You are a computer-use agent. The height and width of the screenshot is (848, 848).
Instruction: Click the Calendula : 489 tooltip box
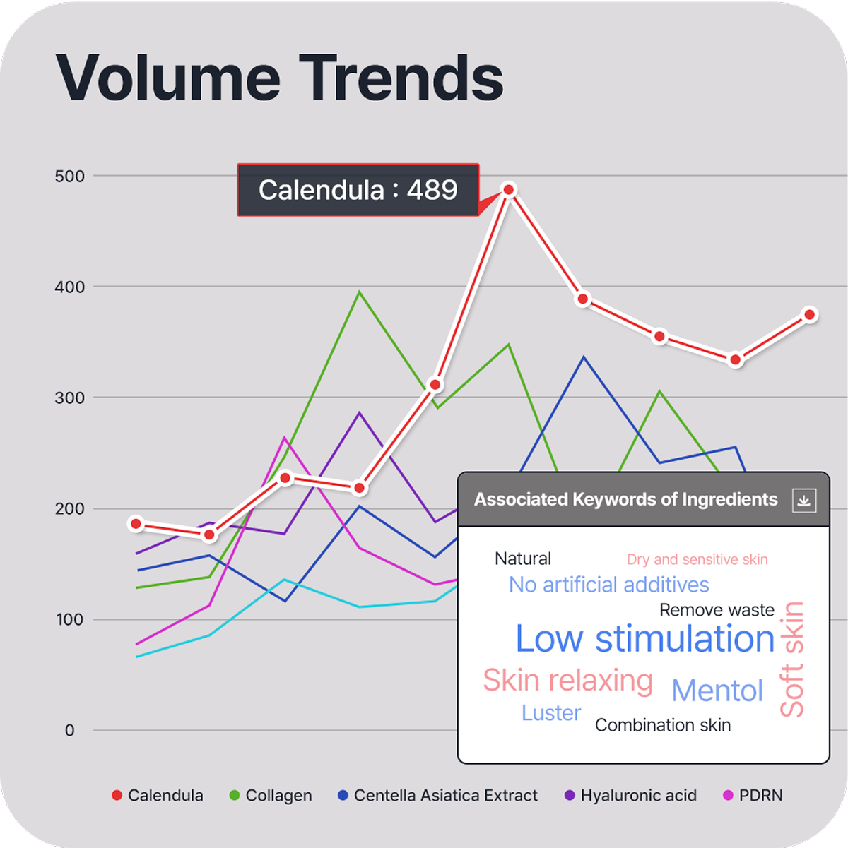(358, 190)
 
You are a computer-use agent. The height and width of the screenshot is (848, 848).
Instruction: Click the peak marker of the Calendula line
(509, 189)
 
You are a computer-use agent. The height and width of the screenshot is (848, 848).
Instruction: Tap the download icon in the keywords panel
(803, 500)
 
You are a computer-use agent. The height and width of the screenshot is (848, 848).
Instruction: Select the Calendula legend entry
(158, 795)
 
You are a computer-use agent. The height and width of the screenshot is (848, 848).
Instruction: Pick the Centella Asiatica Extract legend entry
(438, 795)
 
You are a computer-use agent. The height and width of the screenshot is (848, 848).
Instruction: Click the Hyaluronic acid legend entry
(630, 795)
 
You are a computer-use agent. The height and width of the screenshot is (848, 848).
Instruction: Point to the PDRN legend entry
(753, 795)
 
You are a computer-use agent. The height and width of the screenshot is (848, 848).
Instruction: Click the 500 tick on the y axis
(69, 176)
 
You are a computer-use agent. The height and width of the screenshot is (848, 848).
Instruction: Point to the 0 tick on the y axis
(69, 730)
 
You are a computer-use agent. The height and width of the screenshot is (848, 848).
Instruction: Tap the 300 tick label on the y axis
(69, 398)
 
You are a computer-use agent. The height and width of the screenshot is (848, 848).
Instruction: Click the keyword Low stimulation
(644, 639)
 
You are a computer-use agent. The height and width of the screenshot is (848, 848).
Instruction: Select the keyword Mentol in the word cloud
(717, 691)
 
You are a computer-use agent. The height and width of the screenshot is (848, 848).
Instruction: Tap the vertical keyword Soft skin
(791, 659)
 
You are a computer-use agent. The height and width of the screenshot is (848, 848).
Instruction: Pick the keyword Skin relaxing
(567, 680)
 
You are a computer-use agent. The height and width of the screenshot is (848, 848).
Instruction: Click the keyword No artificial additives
(608, 585)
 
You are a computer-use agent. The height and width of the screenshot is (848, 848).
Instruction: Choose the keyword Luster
(551, 713)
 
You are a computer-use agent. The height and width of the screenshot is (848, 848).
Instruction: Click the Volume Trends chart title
(280, 78)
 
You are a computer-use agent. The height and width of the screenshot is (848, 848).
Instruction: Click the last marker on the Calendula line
(810, 314)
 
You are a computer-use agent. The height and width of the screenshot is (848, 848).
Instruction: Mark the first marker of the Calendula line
(136, 523)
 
